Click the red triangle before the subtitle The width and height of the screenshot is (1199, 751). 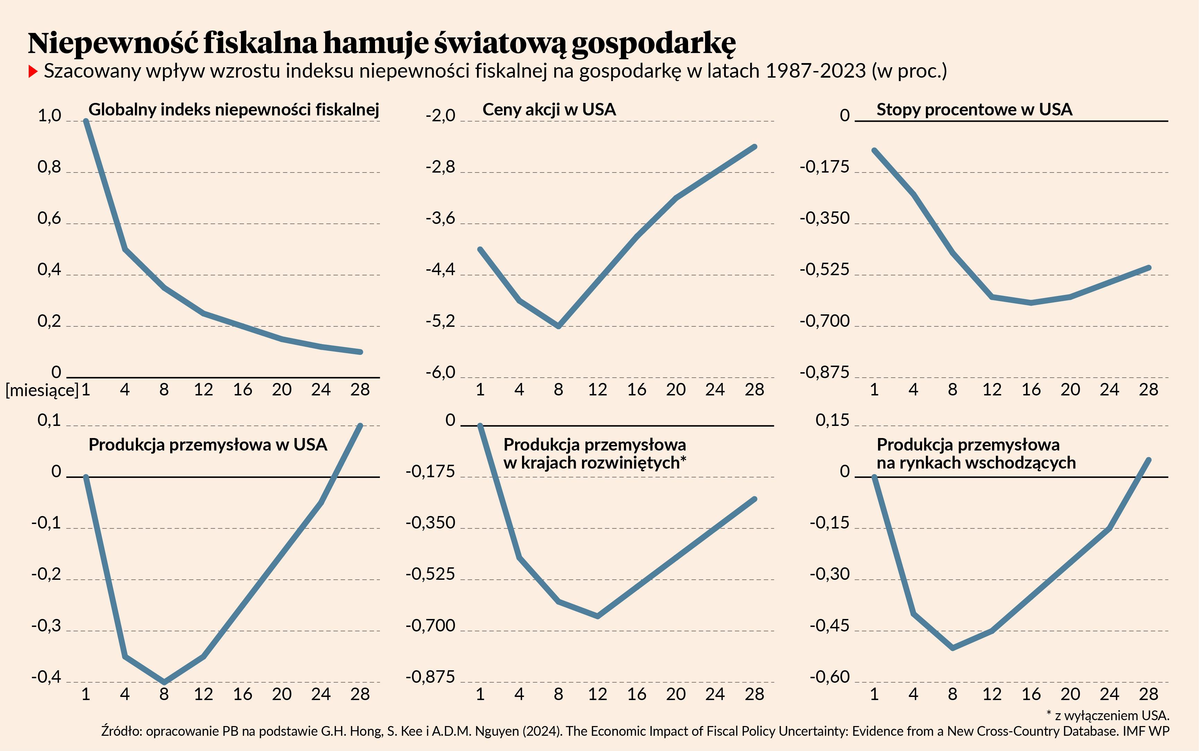[33, 71]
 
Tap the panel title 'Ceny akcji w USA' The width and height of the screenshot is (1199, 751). [549, 109]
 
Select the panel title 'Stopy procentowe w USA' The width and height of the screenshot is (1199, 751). [974, 109]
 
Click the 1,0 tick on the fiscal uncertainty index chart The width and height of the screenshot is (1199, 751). [49, 116]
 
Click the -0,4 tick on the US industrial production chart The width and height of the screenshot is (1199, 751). [46, 677]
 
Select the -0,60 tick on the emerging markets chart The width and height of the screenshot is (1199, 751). [829, 677]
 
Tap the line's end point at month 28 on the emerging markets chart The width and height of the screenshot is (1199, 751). [1148, 460]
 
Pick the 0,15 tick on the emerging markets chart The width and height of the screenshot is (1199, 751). [833, 421]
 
